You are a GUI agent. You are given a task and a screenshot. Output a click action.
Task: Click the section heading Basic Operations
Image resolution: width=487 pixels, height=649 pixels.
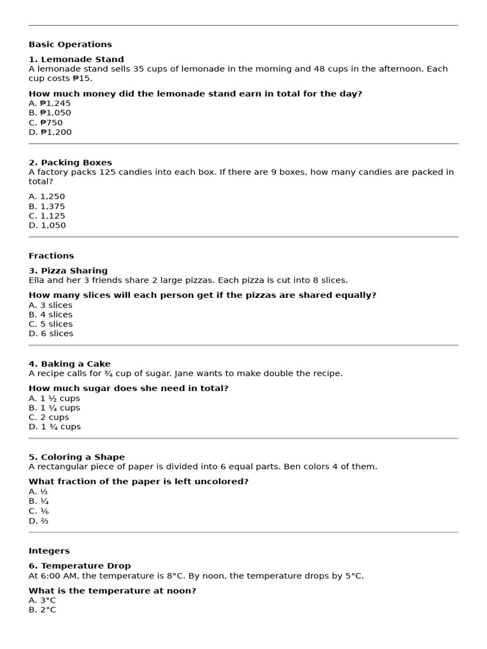coord(70,44)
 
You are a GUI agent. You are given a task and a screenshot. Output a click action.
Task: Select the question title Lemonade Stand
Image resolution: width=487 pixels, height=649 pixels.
coord(76,60)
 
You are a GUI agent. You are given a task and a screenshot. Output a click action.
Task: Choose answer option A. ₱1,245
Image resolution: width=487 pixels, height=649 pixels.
coord(49,103)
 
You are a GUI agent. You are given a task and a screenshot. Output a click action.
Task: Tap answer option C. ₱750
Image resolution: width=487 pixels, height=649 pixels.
coord(46,122)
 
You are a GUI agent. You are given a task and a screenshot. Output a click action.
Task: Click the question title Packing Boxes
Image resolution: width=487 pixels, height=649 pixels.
coord(70,163)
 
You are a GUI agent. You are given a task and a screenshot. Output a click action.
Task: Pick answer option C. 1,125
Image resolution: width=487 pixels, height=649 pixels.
coord(47,215)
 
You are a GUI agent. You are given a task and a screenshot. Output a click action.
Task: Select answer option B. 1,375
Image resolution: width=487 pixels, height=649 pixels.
coord(47,206)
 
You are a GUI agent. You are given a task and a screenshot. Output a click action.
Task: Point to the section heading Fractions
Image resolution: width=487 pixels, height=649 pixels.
coord(51,256)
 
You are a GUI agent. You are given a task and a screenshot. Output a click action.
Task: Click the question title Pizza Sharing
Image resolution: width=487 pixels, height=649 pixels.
coord(68,271)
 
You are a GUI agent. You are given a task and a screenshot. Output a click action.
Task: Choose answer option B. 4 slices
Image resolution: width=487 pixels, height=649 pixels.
coord(51,314)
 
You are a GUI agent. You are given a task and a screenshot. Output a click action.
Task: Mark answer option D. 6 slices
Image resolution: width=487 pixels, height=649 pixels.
coord(51,333)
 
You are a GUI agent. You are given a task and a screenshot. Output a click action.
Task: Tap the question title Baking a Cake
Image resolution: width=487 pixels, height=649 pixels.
coord(70,364)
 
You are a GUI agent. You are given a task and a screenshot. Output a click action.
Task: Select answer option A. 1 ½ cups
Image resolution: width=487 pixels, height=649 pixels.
coord(55,398)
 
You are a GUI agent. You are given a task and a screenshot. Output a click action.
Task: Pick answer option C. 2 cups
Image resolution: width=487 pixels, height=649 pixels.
coord(49,417)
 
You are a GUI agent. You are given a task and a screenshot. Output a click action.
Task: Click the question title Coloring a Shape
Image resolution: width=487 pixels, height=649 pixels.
coord(77,457)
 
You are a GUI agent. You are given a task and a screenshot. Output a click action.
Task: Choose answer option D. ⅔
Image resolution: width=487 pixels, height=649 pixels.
coord(39,521)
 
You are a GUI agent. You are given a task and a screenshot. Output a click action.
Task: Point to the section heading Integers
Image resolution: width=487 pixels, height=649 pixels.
coord(49,551)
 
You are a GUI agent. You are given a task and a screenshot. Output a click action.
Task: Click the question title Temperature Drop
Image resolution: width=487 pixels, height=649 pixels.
coord(79,566)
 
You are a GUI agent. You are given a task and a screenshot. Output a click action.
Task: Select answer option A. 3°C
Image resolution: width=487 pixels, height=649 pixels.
coord(42,600)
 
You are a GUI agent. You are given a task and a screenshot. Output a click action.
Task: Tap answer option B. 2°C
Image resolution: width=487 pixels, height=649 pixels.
coord(42,610)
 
